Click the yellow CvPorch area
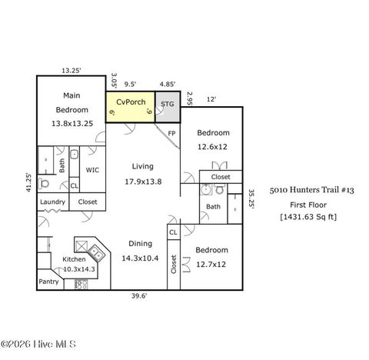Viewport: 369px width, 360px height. [x=130, y=107]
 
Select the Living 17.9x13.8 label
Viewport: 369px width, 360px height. [x=142, y=173]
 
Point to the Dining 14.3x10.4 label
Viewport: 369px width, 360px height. [x=140, y=251]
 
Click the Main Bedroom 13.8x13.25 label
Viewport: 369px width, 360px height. [x=71, y=109]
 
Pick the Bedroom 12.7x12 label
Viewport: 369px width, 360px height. [x=211, y=257]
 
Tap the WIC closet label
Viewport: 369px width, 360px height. [x=92, y=170]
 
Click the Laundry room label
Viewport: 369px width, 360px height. [x=52, y=202]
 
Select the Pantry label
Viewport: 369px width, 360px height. [x=48, y=282]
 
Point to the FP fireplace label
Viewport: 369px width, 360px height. [x=172, y=133]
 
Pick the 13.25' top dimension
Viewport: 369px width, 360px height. [x=71, y=70]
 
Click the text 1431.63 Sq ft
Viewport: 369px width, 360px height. [x=307, y=217]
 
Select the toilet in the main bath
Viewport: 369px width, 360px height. [x=44, y=184]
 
